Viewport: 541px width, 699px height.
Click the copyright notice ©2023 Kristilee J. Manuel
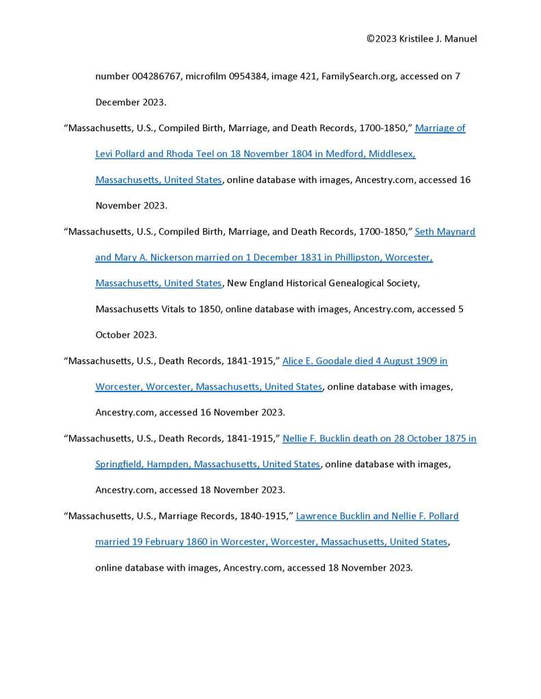421,39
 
